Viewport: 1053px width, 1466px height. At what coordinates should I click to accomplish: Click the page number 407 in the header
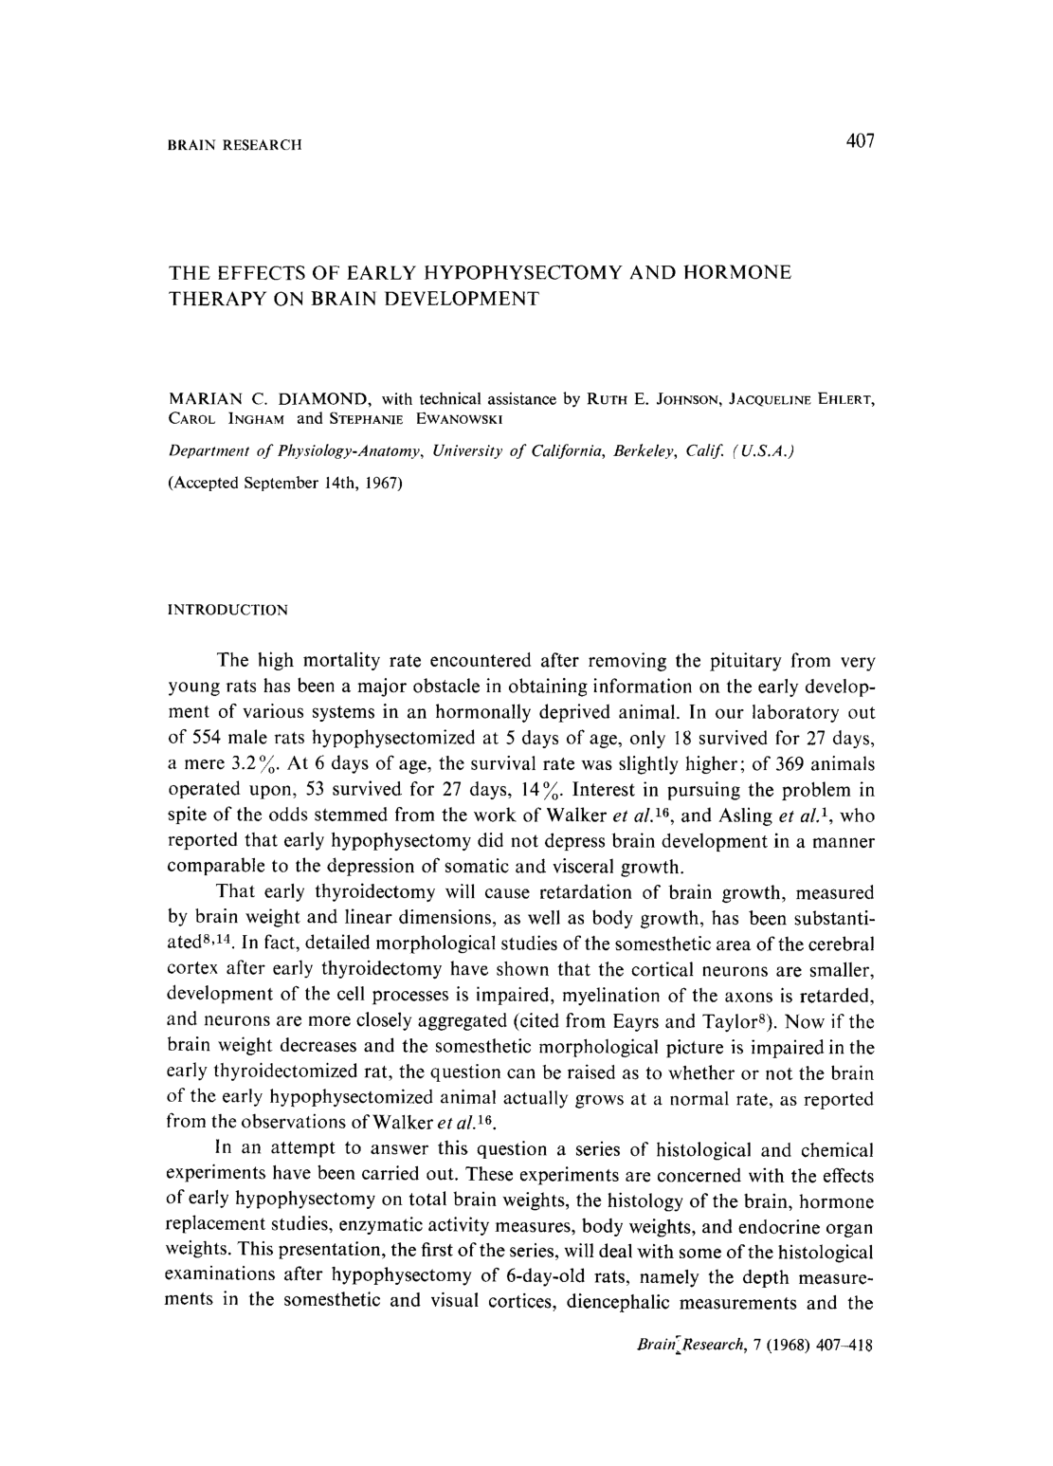(x=860, y=142)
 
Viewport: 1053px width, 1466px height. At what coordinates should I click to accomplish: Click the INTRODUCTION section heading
(x=227, y=610)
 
